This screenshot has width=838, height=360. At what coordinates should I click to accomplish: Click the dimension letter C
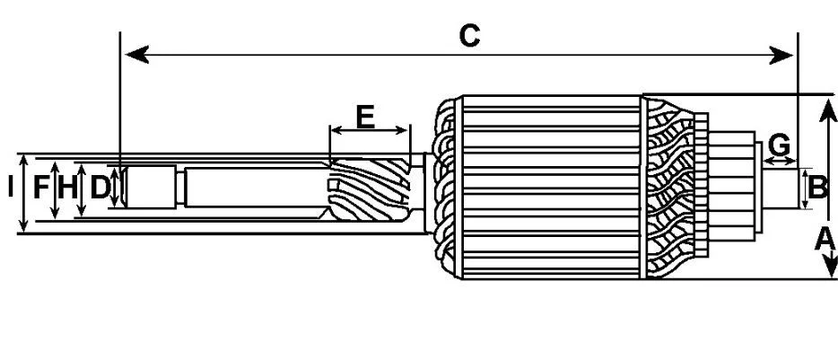[x=469, y=36]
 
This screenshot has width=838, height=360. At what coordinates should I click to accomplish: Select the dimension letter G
[x=780, y=145]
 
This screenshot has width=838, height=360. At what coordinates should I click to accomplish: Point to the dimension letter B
[x=817, y=189]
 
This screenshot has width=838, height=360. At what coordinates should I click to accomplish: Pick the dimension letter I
[x=10, y=188]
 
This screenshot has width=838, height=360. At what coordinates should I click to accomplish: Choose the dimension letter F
[x=40, y=188]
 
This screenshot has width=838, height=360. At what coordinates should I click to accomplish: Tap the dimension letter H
[x=67, y=188]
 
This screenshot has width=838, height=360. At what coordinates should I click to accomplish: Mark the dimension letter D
[x=100, y=188]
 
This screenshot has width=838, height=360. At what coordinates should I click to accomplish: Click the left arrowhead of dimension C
[x=136, y=55]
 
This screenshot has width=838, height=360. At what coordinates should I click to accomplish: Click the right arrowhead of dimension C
[x=781, y=55]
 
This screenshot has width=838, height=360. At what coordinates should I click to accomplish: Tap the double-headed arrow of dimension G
[x=780, y=161]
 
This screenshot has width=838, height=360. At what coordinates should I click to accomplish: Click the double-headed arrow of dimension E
[x=370, y=130]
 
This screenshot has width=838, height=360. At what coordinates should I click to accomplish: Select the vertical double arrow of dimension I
[x=23, y=194]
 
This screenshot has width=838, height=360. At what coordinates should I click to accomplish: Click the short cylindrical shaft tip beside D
[x=150, y=187]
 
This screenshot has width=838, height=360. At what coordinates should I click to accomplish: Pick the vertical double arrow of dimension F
[x=55, y=190]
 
